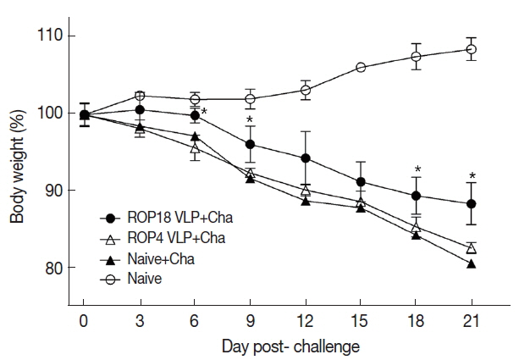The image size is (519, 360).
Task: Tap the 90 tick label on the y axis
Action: pyautogui.click(x=56, y=191)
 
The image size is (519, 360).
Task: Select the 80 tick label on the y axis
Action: pyautogui.click(x=56, y=268)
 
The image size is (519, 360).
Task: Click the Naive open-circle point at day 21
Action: pyautogui.click(x=472, y=49)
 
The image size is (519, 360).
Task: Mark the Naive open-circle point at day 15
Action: pyautogui.click(x=361, y=67)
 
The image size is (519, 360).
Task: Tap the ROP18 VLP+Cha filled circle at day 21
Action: pyautogui.click(x=472, y=203)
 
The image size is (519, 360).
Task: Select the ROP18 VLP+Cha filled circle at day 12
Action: pyautogui.click(x=306, y=158)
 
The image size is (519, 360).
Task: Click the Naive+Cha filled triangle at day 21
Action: pyautogui.click(x=472, y=263)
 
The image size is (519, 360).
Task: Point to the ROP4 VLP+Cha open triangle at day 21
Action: pyautogui.click(x=472, y=247)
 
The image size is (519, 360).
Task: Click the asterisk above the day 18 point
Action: pyautogui.click(x=417, y=169)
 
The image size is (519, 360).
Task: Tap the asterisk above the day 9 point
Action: pyautogui.click(x=251, y=120)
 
